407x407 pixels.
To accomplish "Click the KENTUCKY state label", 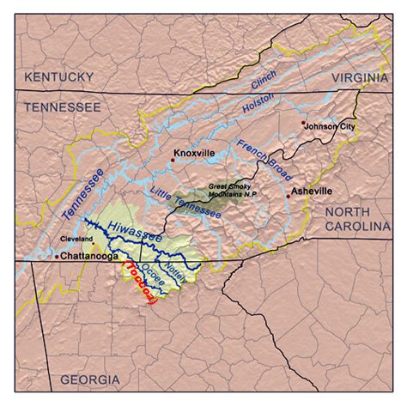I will pyautogui.click(x=58, y=77).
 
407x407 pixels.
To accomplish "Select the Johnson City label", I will pyautogui.click(x=328, y=125).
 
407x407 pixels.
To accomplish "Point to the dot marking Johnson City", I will pyautogui.click(x=303, y=124).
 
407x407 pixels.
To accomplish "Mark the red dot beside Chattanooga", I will pyautogui.click(x=58, y=256).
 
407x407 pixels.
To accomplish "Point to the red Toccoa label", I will pyautogui.click(x=138, y=282).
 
